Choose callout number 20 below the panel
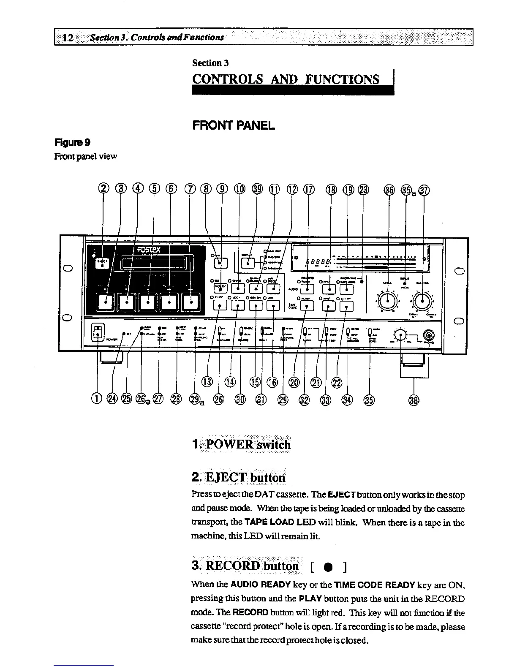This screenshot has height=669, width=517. coord(294,382)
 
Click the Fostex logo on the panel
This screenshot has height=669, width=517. coord(147,249)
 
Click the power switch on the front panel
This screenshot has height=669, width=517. coord(98,332)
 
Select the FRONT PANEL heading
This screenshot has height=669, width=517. coord(234,125)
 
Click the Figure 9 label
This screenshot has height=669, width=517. coord(71,142)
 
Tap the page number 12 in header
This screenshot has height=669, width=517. coord(68,38)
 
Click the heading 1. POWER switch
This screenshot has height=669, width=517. coord(241,444)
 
